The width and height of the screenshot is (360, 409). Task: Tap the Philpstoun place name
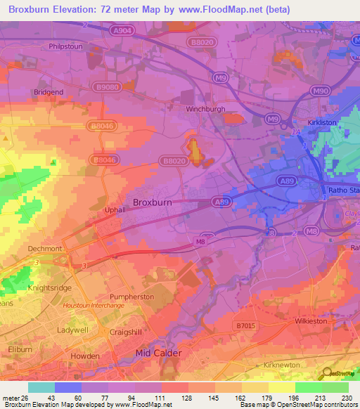[x=67, y=47]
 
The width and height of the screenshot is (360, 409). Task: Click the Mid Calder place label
[x=158, y=353]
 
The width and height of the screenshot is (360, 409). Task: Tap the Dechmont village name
[x=46, y=248]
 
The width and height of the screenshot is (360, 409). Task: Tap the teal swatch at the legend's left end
[x=41, y=387]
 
